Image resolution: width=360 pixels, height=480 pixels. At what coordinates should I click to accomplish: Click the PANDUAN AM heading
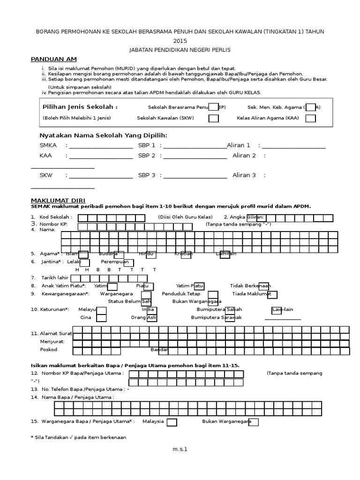pyautogui.click(x=53, y=59)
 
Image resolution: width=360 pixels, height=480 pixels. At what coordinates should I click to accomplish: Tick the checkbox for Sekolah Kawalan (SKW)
pyautogui.click(x=213, y=118)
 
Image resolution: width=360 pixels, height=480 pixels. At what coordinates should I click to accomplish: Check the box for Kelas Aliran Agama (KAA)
pyautogui.click(x=310, y=118)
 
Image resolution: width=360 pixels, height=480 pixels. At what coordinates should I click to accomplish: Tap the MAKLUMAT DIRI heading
pyautogui.click(x=58, y=200)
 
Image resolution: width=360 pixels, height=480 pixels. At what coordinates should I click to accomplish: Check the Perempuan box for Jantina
pyautogui.click(x=128, y=263)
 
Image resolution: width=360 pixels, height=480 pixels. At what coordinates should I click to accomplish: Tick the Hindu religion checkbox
pyautogui.click(x=151, y=254)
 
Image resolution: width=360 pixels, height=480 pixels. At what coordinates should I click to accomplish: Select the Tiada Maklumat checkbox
pyautogui.click(x=272, y=294)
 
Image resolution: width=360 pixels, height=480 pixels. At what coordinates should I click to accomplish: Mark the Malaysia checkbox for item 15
pyautogui.click(x=172, y=422)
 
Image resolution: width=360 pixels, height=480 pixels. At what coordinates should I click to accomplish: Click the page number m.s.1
pyautogui.click(x=180, y=450)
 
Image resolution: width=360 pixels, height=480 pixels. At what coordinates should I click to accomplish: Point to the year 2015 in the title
pyautogui.click(x=180, y=41)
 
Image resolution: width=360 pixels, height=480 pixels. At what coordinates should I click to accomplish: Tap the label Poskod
pyautogui.click(x=49, y=350)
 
